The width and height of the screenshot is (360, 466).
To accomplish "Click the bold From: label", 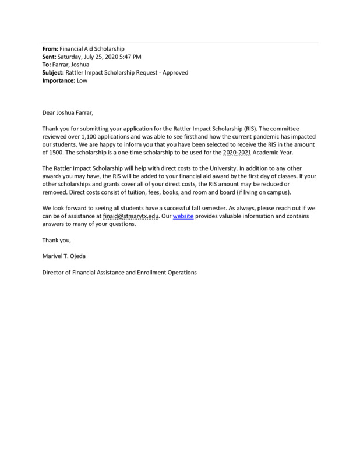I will coord(50,48).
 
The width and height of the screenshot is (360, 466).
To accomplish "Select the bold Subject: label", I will coord(54,73).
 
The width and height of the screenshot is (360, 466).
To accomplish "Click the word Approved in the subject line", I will coord(174,73).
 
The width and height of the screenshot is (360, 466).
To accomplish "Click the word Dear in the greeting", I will coord(50,112).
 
